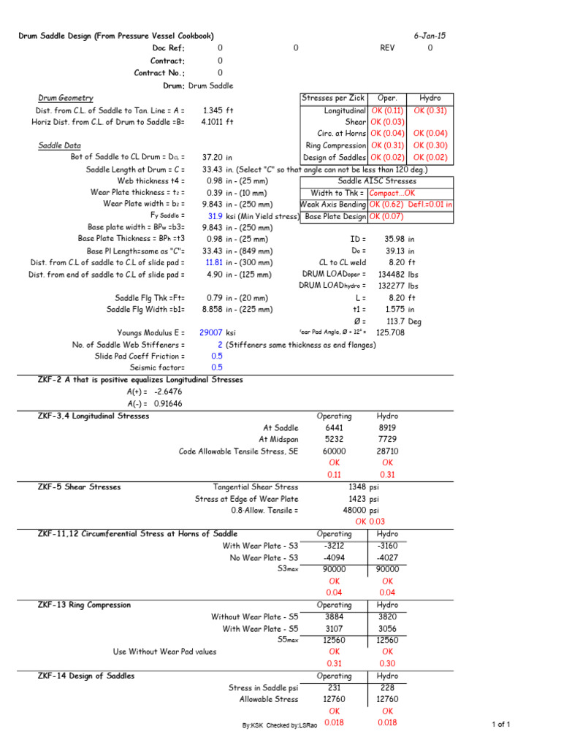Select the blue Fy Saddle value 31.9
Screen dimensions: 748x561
[215, 216]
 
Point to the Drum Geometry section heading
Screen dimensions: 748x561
[66, 98]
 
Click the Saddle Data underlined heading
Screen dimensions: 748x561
[60, 145]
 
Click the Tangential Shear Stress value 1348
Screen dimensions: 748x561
[352, 486]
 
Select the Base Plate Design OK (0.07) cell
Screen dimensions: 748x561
[387, 217]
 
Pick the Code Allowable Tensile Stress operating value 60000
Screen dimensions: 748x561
[334, 451]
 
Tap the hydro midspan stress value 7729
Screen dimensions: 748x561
[387, 440]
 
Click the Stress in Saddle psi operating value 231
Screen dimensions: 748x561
[334, 687]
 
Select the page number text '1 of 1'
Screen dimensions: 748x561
[499, 724]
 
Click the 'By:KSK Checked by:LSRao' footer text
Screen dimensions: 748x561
[280, 725]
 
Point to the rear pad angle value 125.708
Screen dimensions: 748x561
[391, 332]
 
